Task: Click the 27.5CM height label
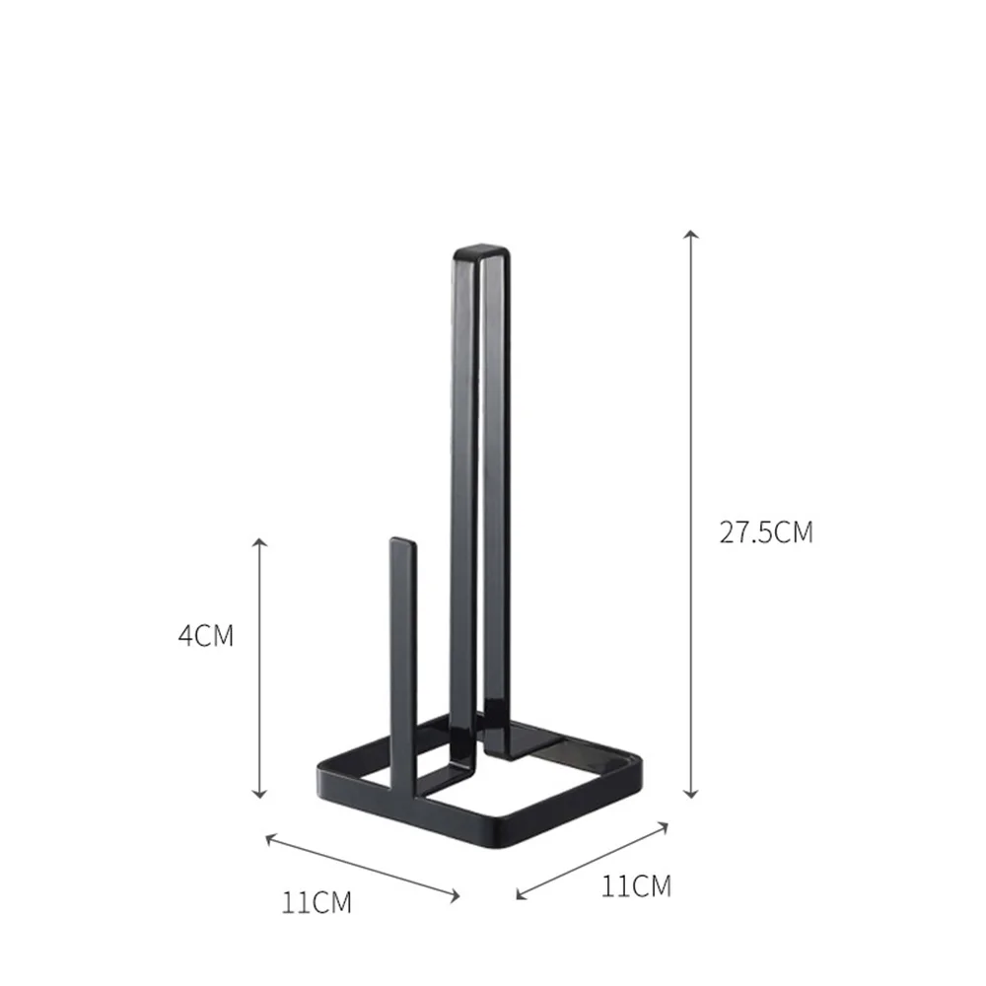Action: [766, 532]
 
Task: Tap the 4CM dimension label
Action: [206, 635]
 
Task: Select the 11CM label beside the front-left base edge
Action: [317, 901]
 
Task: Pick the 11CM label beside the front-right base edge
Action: [636, 885]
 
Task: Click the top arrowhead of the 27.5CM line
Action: [692, 236]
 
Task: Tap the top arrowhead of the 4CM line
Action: [260, 543]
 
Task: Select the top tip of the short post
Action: [401, 542]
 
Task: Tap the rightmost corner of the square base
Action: [642, 765]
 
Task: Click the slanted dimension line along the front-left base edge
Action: [363, 867]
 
